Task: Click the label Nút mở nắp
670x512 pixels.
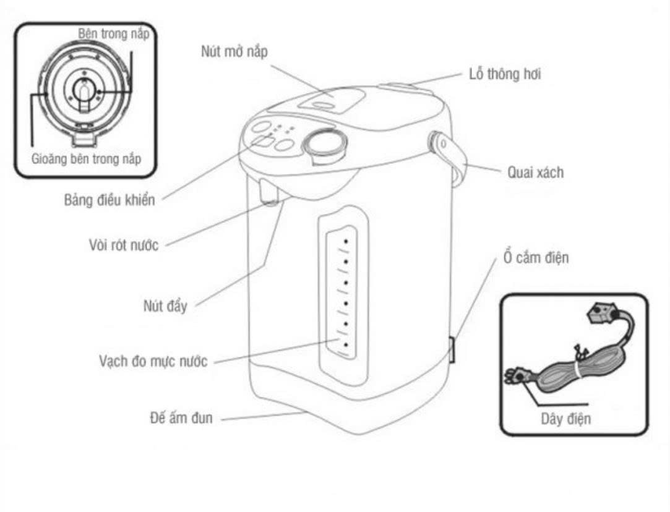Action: click(234, 52)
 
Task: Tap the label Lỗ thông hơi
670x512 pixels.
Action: click(504, 74)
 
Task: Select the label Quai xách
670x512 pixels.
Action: click(535, 172)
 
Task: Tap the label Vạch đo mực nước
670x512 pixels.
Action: click(153, 361)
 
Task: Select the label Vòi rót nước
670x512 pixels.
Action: click(124, 244)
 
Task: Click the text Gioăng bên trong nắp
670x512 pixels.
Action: click(86, 159)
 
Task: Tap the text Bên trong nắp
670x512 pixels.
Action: click(113, 33)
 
